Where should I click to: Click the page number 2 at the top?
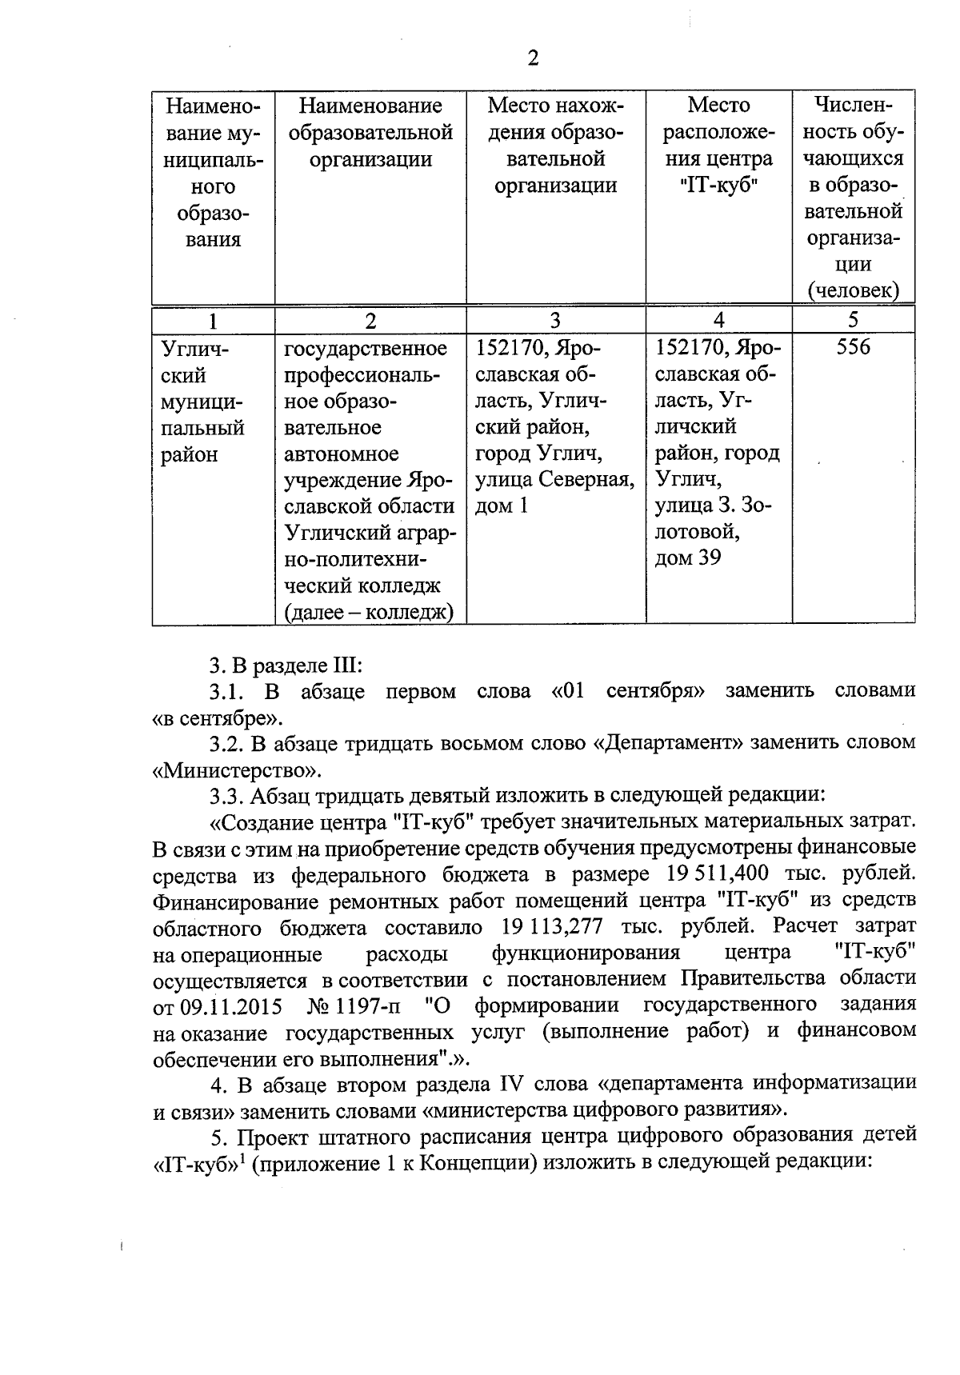point(533,58)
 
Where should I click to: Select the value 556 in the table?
point(853,348)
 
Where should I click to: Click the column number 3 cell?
point(555,321)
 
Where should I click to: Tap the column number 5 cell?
point(853,320)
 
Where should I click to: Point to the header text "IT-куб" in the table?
point(718,186)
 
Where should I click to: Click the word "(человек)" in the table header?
point(853,290)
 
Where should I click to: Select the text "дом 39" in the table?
point(688,558)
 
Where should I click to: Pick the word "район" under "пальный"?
point(190,454)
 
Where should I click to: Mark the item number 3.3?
point(226,797)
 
